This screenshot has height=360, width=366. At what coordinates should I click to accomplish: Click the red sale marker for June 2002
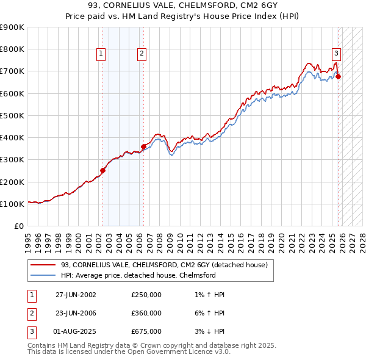(x=102, y=171)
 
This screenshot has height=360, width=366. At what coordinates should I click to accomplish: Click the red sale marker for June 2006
(x=143, y=146)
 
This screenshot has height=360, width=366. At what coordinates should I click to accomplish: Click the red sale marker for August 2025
(x=339, y=76)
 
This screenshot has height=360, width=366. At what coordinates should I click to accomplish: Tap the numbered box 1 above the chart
(x=101, y=54)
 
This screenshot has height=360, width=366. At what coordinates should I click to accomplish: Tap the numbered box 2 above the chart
(x=142, y=54)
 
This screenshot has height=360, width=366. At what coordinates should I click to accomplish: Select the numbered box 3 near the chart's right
(x=336, y=54)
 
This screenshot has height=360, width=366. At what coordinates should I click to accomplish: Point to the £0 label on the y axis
(x=18, y=226)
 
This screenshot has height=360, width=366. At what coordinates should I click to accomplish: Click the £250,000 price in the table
(x=146, y=295)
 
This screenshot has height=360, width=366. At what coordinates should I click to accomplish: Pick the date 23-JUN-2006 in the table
(x=76, y=313)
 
